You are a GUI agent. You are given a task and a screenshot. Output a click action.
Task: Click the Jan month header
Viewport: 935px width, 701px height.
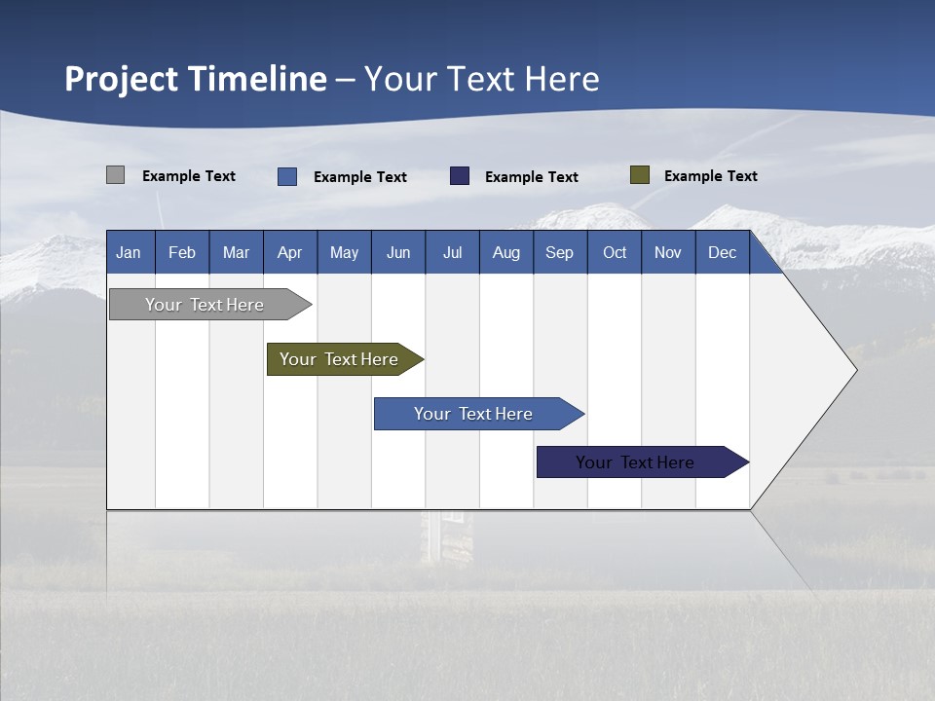coord(129,253)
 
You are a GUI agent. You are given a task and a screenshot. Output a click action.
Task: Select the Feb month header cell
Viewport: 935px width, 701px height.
coord(182,253)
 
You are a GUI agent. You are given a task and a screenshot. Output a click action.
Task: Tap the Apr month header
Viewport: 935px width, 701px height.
coord(290,253)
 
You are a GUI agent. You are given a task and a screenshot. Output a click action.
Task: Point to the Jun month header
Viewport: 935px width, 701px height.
coord(398,253)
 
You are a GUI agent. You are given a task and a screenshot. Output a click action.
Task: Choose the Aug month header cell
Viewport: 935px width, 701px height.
coord(506,253)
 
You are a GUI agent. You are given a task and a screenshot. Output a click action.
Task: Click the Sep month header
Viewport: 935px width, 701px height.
coord(560,253)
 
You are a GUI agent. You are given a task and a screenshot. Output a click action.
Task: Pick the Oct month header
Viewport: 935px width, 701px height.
coord(615,253)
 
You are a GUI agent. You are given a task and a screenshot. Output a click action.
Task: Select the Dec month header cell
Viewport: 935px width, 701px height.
coord(723,253)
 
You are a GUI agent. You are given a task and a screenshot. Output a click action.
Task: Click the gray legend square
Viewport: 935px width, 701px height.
coord(116,175)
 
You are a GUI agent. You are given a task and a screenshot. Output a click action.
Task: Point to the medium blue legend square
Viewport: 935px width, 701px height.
coord(287,176)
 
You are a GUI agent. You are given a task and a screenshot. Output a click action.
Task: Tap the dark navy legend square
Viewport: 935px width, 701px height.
coord(460,176)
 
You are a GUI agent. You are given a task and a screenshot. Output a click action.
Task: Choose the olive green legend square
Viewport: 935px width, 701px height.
coord(640,175)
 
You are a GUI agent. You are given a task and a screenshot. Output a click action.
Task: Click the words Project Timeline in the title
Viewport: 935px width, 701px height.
coord(196,79)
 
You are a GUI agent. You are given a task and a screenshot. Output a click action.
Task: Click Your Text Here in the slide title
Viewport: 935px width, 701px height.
coord(481,79)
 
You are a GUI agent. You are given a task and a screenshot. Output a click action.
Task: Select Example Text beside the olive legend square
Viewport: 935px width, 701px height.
coord(710,176)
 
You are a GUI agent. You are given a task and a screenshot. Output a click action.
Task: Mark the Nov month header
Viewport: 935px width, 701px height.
coord(668,253)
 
